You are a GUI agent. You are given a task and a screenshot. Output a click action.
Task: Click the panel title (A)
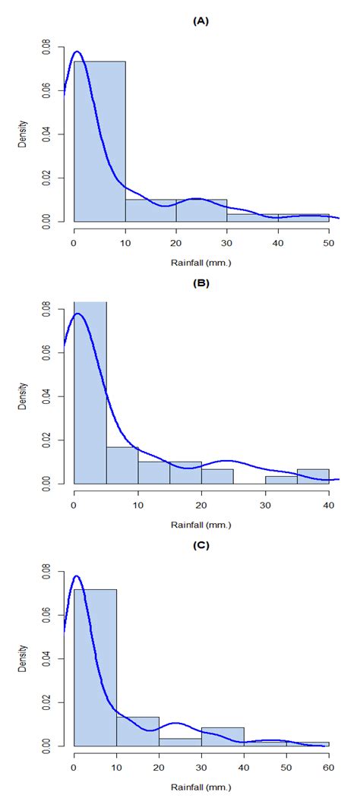pos(201,22)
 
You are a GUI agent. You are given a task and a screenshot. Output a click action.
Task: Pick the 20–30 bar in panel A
pos(201,210)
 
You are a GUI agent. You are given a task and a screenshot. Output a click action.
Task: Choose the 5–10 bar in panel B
pos(122,465)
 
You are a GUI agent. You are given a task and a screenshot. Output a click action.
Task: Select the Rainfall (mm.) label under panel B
pos(201,524)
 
